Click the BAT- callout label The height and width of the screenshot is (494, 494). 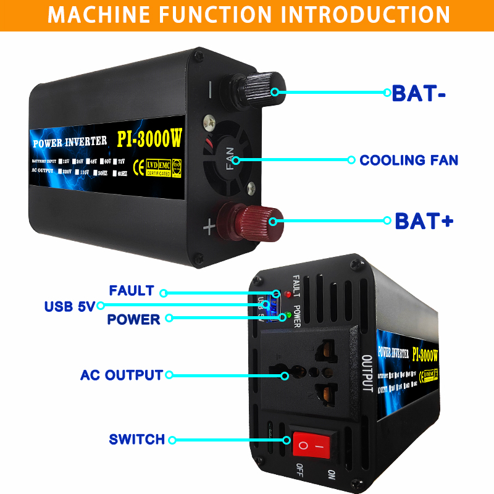(419, 93)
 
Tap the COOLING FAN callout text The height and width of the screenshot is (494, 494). (409, 161)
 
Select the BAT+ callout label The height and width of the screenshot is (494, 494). (424, 220)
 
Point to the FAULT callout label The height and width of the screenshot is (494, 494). (132, 291)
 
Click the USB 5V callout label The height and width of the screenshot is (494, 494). (69, 306)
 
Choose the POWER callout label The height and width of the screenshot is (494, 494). (133, 319)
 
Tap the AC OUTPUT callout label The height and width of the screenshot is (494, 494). (122, 375)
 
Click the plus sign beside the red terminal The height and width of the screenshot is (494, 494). (209, 228)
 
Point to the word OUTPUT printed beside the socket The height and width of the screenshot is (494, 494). (366, 374)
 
